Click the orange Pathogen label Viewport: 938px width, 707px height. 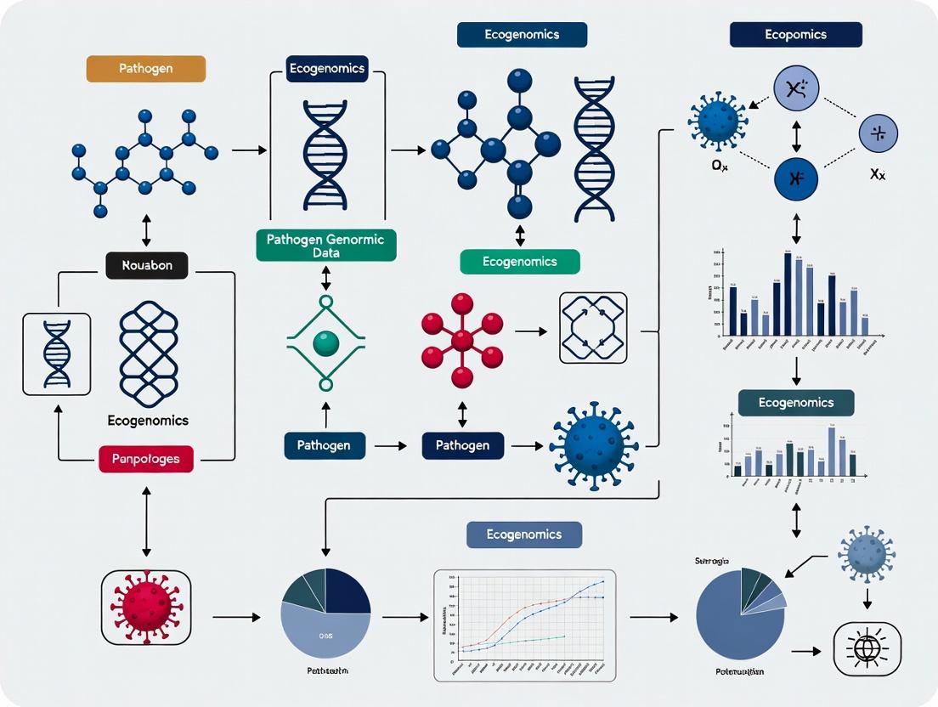(x=145, y=69)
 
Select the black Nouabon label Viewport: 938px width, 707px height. (x=146, y=265)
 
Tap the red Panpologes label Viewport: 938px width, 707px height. (x=146, y=460)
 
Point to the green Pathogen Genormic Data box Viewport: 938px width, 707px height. (x=325, y=246)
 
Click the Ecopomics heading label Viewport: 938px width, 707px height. (x=795, y=35)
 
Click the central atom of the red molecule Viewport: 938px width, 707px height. (x=462, y=341)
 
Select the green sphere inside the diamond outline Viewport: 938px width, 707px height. (x=325, y=342)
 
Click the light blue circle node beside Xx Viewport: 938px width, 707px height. (x=878, y=134)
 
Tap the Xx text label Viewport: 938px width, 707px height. (x=877, y=175)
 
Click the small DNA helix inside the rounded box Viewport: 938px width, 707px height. (x=56, y=353)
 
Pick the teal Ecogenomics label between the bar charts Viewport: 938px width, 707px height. (x=796, y=403)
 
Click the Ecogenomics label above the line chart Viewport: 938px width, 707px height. (x=524, y=534)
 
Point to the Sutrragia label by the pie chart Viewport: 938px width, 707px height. (x=712, y=561)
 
